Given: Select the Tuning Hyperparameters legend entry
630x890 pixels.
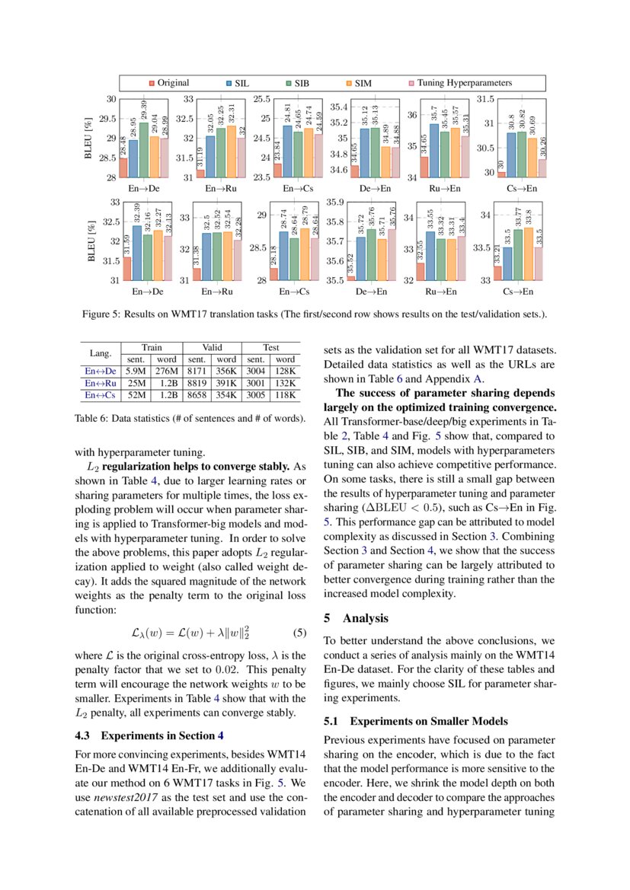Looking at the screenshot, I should point(458,83).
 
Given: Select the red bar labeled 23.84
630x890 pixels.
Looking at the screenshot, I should point(277,171).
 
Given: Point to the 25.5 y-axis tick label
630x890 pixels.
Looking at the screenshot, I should point(262,99).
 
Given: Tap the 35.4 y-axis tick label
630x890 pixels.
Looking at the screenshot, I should point(338,107).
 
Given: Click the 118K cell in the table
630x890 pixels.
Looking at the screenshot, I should point(285,395).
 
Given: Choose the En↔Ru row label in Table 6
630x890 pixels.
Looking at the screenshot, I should point(101,383).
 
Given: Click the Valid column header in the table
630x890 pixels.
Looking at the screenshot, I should point(213,347).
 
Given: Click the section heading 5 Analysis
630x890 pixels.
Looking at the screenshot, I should point(356,618).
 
